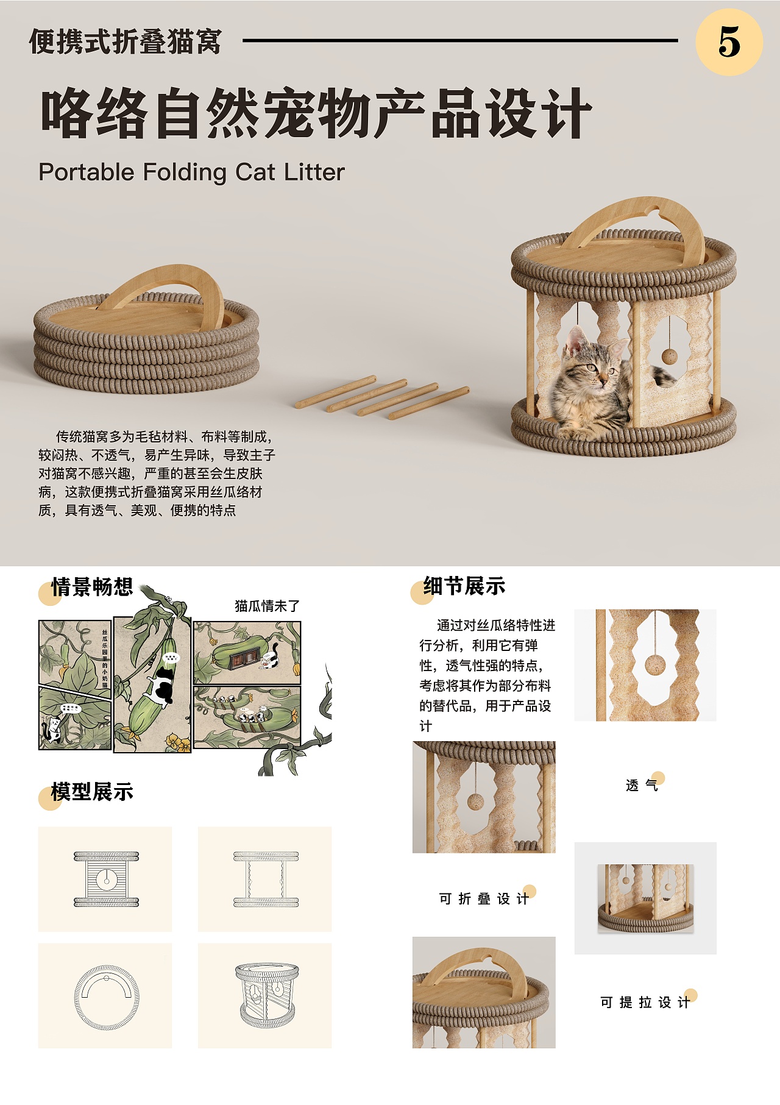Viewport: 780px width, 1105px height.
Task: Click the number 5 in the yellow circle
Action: click(729, 42)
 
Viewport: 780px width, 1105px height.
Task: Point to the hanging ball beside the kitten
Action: click(669, 355)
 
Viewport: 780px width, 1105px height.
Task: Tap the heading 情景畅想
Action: click(92, 587)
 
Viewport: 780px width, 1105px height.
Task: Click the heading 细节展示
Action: click(464, 586)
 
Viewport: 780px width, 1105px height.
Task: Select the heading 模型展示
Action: click(92, 792)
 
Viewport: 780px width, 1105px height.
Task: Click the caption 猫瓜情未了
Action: click(267, 606)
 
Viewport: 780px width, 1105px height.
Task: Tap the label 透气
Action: click(642, 785)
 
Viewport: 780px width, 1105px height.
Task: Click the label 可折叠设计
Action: click(484, 899)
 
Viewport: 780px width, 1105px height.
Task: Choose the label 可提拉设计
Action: click(645, 1003)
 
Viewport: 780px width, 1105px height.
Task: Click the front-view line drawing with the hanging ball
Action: click(107, 879)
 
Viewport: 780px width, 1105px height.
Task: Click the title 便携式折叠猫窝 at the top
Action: click(125, 41)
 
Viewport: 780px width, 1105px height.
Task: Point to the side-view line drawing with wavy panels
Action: click(266, 879)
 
